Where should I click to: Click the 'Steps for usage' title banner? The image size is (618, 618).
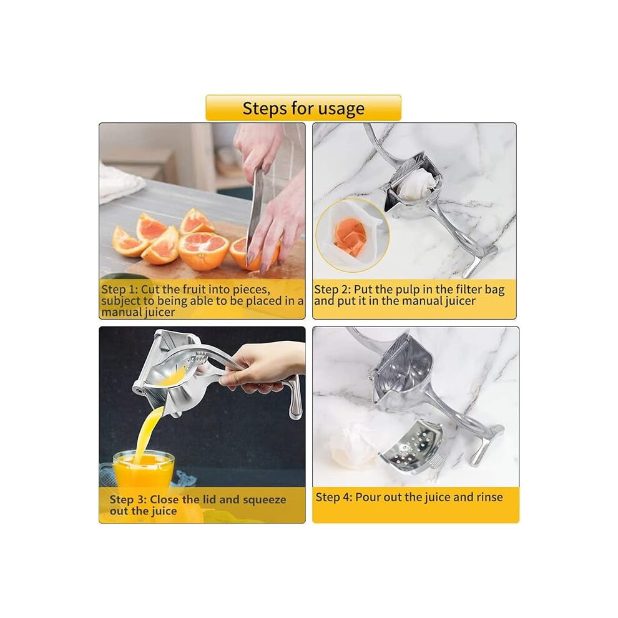pyautogui.click(x=303, y=107)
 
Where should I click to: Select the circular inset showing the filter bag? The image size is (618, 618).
pyautogui.click(x=352, y=235)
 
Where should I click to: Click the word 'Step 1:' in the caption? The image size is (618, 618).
pyautogui.click(x=119, y=289)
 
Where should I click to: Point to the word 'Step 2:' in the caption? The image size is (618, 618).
pyautogui.click(x=332, y=290)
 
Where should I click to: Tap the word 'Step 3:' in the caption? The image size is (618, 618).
pyautogui.click(x=128, y=499)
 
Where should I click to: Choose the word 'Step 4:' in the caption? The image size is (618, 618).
pyautogui.click(x=334, y=497)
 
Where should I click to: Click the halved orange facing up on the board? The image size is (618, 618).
pyautogui.click(x=204, y=251)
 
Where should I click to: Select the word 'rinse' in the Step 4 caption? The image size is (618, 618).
pyautogui.click(x=489, y=497)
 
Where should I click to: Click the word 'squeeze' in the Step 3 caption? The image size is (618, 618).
pyautogui.click(x=265, y=500)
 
